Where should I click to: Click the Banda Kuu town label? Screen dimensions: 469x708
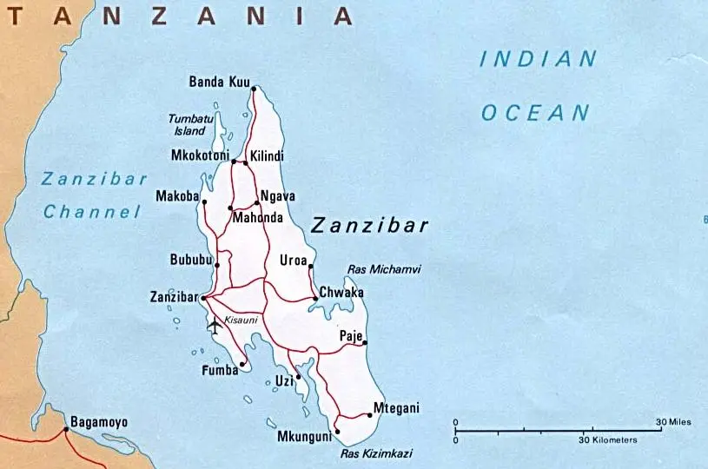point(219,83)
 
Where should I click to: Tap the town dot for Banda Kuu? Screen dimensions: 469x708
point(254,89)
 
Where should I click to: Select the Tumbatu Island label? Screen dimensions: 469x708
point(190,124)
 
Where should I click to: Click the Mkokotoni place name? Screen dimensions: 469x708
point(200,156)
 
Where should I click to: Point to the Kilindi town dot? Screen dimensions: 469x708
point(246,162)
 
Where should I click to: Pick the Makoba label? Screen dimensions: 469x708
point(177,195)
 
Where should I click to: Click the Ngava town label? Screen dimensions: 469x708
point(278,196)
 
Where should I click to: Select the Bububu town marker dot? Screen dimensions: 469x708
point(217,265)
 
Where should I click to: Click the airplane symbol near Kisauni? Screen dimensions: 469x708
point(214,326)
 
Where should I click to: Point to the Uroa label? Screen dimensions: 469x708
point(294,261)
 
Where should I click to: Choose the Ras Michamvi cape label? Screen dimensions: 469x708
point(383,270)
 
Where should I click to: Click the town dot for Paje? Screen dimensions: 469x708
point(365,343)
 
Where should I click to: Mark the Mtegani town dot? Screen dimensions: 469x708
point(370,415)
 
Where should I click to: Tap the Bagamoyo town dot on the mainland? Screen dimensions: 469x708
point(66,429)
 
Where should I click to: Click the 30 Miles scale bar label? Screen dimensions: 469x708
point(673,422)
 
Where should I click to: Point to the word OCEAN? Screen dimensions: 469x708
point(535,112)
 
